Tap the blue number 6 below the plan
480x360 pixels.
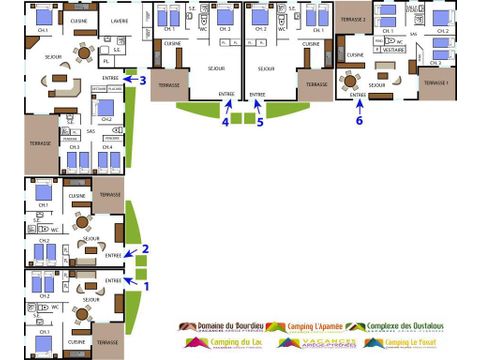coord(360,121)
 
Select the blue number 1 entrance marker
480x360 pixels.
coord(146,284)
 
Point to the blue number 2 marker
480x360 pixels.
coord(146,248)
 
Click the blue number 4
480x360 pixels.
coord(225,122)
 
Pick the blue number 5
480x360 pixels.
coord(260,122)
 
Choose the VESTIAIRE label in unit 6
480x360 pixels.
coord(394,49)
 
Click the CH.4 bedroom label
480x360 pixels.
coord(107,146)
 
